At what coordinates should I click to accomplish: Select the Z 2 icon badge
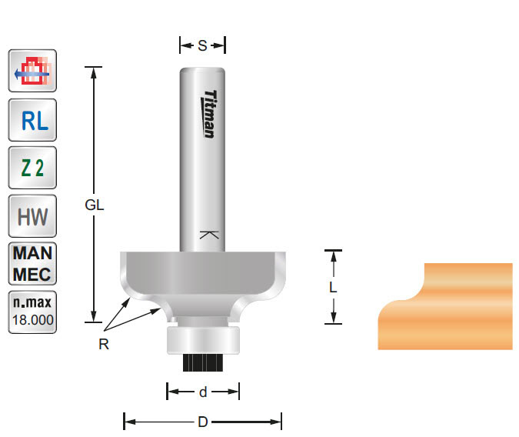pyautogui.click(x=32, y=168)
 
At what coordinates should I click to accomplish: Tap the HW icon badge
pyautogui.click(x=32, y=216)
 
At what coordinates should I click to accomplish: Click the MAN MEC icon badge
pyautogui.click(x=32, y=264)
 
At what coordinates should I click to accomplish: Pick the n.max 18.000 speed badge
pyautogui.click(x=32, y=312)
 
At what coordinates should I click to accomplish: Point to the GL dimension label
pyautogui.click(x=95, y=205)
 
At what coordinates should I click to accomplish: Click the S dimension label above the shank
pyautogui.click(x=202, y=46)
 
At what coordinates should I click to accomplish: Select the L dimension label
pyautogui.click(x=333, y=287)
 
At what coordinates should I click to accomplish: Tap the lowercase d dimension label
pyautogui.click(x=203, y=392)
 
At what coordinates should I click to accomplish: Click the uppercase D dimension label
pyautogui.click(x=202, y=422)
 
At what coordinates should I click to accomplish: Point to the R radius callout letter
pyautogui.click(x=104, y=345)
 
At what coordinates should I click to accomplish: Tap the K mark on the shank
pyautogui.click(x=208, y=235)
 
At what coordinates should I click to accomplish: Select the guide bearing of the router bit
pyautogui.click(x=202, y=339)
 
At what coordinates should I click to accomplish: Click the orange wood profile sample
pyautogui.click(x=446, y=308)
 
